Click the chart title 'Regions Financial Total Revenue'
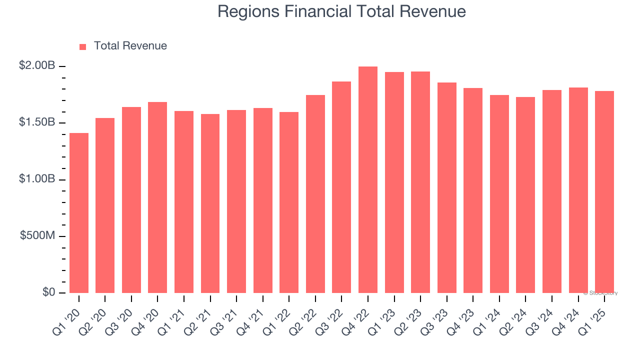341,11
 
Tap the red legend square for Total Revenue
83,46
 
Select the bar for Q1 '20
79,213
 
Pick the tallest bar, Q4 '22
368,180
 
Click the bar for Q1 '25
604,192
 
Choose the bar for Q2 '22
315,194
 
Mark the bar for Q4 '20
157,197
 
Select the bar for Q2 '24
525,195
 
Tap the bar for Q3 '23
447,187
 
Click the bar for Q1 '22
289,202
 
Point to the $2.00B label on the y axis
37,65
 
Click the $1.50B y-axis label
37,122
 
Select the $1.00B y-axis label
37,179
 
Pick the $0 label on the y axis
48,292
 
